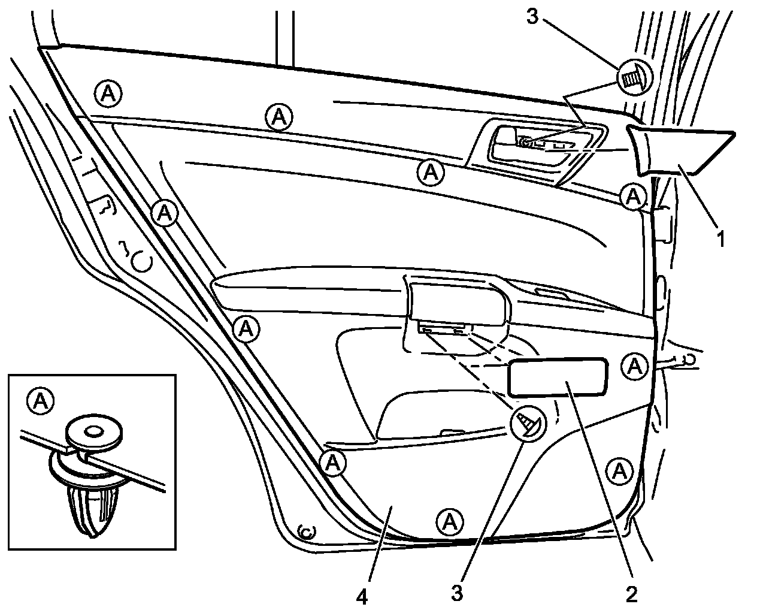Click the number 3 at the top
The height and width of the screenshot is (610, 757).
click(533, 17)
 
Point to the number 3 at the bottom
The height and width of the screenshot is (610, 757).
click(458, 594)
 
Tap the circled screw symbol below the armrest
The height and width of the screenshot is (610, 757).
click(529, 424)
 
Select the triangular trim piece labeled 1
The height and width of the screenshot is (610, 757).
click(683, 150)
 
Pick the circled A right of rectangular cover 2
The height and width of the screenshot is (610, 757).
click(634, 366)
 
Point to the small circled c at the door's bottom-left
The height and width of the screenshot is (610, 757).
click(307, 530)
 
